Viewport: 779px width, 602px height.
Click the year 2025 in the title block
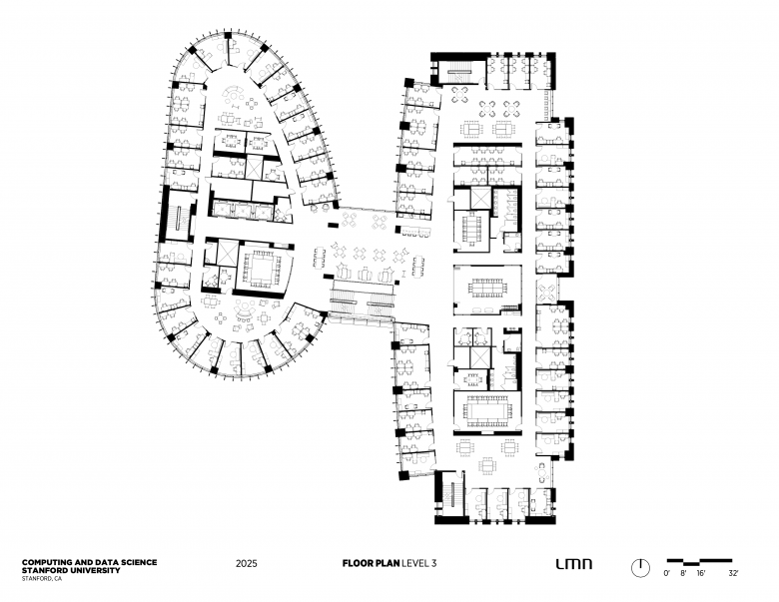(247, 563)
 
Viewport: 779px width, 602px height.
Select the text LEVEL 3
(418, 563)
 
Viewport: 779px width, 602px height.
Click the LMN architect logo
(574, 564)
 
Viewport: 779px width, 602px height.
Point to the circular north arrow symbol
(640, 568)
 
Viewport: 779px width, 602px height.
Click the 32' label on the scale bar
(733, 573)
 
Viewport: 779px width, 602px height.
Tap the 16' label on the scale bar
(701, 573)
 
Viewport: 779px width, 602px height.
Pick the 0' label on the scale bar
(667, 573)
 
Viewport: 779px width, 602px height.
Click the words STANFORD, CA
(42, 579)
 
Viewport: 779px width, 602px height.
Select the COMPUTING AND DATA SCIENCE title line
(90, 562)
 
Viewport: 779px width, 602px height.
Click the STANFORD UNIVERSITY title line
(71, 570)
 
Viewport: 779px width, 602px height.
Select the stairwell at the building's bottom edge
(451, 494)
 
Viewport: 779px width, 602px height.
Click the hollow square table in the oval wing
(262, 269)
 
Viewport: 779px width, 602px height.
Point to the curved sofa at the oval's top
(233, 93)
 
